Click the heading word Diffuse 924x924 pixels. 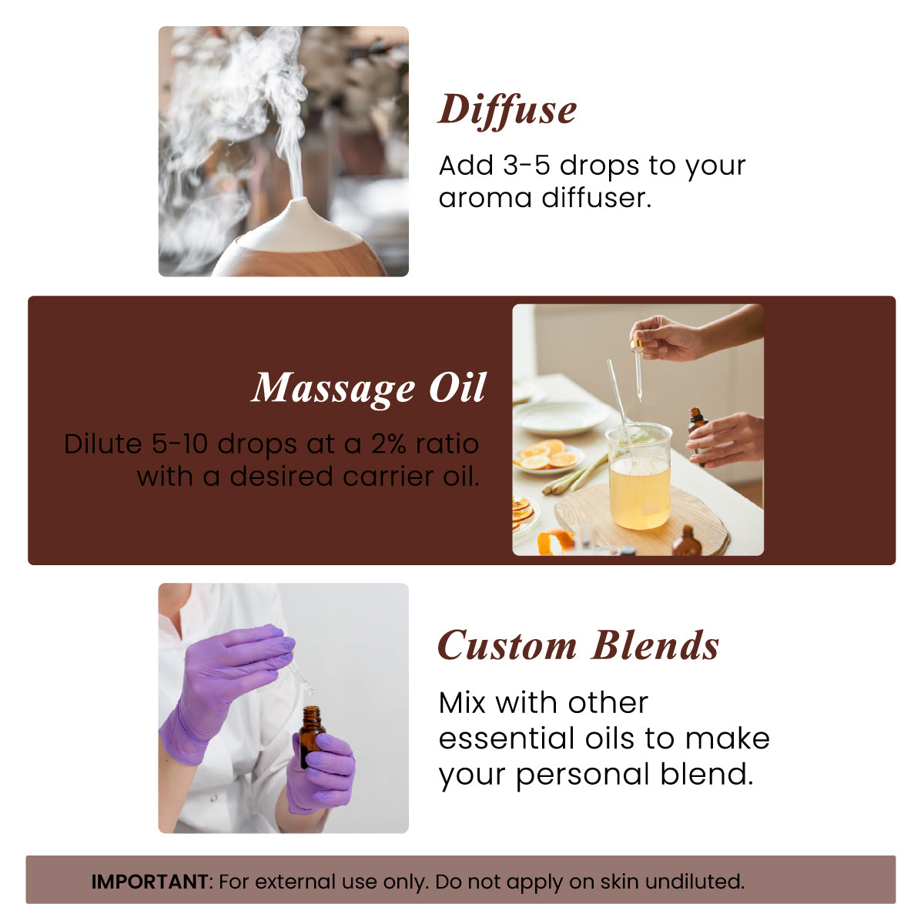click(x=507, y=109)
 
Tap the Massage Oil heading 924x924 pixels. click(x=369, y=387)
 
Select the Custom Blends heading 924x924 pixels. click(x=578, y=645)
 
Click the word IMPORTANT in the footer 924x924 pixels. click(x=149, y=881)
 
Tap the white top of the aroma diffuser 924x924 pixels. click(x=300, y=225)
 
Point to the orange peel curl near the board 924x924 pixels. click(x=554, y=542)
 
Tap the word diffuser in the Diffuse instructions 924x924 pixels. click(x=596, y=198)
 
